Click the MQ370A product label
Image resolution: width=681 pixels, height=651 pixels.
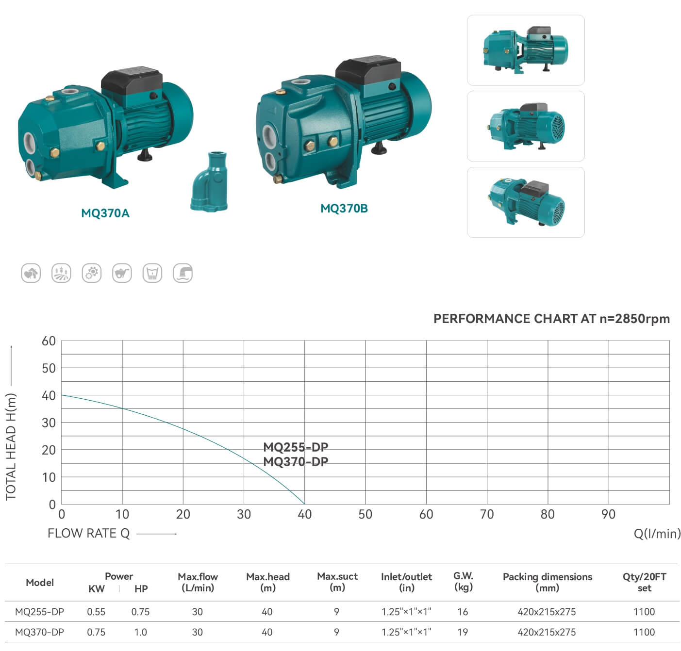click(105, 213)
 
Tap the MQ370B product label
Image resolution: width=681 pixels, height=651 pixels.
click(344, 209)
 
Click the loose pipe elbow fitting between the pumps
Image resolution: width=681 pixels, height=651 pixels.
click(209, 182)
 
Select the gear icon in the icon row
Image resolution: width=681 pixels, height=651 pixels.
click(92, 273)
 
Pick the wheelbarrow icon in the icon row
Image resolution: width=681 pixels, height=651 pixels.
click(122, 273)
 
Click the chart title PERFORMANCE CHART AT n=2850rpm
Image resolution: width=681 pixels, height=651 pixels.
click(551, 319)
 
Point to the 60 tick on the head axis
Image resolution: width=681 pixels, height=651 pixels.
click(49, 341)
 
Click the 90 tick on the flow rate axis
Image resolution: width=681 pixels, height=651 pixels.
click(608, 514)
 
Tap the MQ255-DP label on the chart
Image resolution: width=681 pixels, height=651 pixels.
click(296, 447)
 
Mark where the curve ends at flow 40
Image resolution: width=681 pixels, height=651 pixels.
click(304, 504)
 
